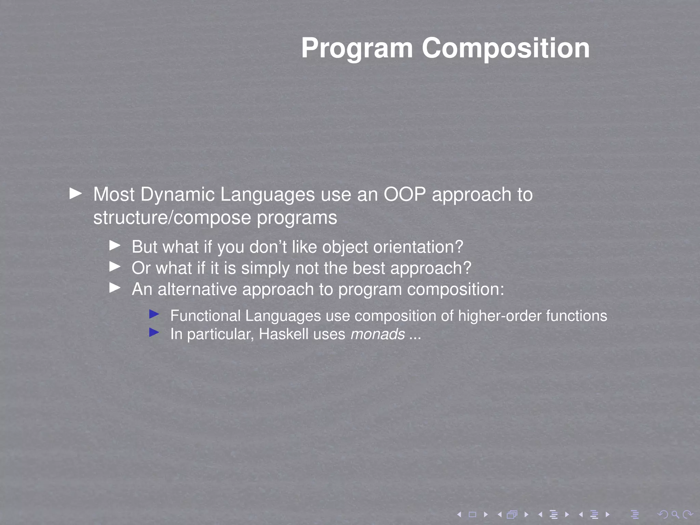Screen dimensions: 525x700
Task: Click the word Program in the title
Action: pyautogui.click(x=357, y=49)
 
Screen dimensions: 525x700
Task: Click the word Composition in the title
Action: pyautogui.click(x=506, y=49)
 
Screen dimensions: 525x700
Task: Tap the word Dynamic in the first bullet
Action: pyautogui.click(x=177, y=194)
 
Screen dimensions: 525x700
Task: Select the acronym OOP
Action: pyautogui.click(x=405, y=194)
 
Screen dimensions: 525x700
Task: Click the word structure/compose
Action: pyautogui.click(x=172, y=218)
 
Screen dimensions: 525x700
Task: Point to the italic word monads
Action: pyautogui.click(x=378, y=334)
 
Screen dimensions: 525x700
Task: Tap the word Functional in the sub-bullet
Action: pyautogui.click(x=205, y=316)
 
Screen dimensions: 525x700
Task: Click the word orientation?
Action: pyautogui.click(x=418, y=247)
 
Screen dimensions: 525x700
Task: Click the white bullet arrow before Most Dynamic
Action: pyautogui.click(x=76, y=193)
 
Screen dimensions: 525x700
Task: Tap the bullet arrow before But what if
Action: pyautogui.click(x=115, y=245)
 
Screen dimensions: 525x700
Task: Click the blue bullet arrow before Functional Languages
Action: pyautogui.click(x=154, y=314)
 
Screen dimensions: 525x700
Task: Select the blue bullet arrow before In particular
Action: pyautogui.click(x=154, y=332)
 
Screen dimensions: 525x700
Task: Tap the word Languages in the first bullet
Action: pyautogui.click(x=267, y=194)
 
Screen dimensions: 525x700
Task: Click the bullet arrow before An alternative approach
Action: pyautogui.click(x=115, y=288)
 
